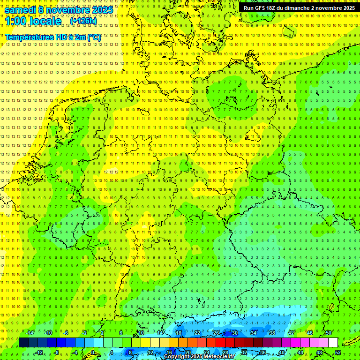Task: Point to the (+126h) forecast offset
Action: tap(83, 21)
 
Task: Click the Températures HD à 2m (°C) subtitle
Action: tap(53, 37)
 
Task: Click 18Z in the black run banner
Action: tap(275, 8)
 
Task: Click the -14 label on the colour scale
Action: tap(30, 333)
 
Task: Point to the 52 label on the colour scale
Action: tap(338, 352)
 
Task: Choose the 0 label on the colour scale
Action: tap(93, 352)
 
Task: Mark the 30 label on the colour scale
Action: tap(234, 333)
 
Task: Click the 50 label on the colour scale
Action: tap(328, 333)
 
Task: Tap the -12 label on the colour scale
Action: tap(39, 352)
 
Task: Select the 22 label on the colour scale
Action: tap(197, 333)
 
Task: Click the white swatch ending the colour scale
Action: tap(333, 343)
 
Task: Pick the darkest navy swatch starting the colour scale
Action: tap(23, 343)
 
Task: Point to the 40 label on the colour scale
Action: tap(281, 352)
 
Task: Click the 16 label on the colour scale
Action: tap(169, 352)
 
